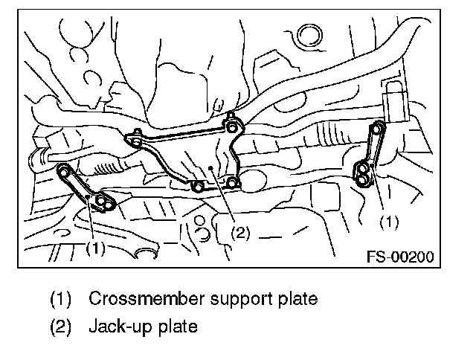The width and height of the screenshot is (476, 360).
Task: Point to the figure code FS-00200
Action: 400,257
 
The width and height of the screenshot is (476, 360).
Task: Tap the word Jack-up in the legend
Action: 118,326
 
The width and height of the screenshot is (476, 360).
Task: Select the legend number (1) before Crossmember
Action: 60,299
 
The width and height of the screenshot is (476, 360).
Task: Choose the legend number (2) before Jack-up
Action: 60,326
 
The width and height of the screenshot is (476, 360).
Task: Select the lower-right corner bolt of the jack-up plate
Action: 233,183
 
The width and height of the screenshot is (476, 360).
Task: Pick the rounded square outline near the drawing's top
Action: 306,36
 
